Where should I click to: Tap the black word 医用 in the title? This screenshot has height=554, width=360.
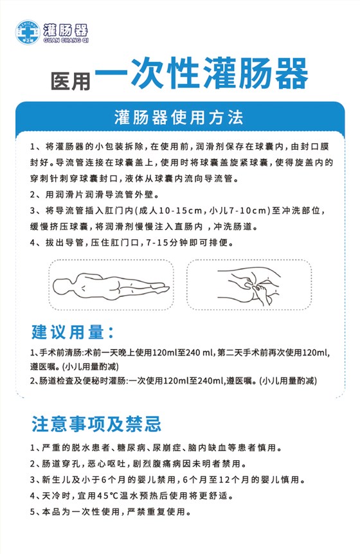71,80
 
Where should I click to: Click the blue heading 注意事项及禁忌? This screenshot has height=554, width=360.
96,424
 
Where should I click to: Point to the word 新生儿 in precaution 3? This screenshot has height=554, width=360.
56,479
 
